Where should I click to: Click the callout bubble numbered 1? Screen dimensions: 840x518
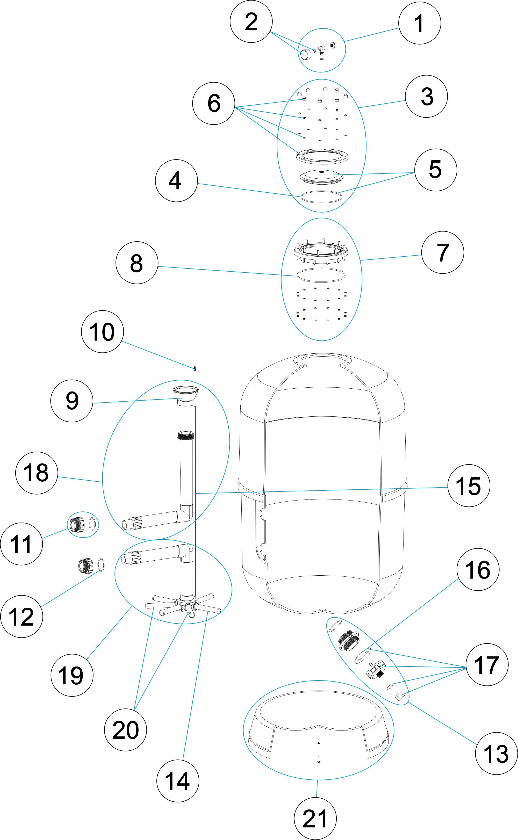coord(419,23)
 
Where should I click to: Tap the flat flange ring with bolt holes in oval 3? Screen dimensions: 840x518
coord(322,156)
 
